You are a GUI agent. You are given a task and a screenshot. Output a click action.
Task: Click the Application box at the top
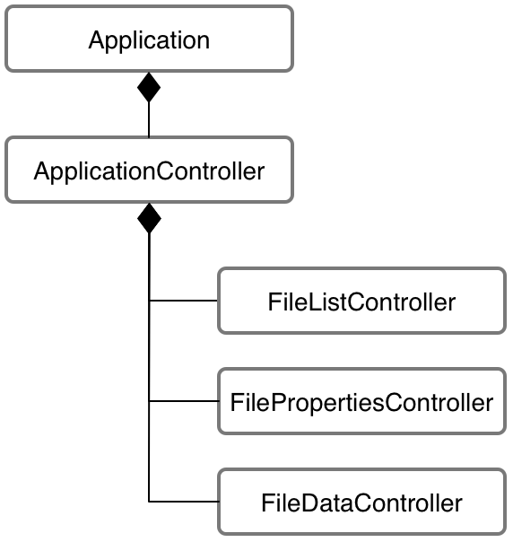(149, 39)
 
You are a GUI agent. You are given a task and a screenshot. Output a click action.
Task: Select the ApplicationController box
(149, 170)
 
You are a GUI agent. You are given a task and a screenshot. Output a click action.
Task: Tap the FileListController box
(361, 301)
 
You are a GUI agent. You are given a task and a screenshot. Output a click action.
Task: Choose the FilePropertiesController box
(361, 401)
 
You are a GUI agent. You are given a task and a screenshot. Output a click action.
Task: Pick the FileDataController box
(361, 501)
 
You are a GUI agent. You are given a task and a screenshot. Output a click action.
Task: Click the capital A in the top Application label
(96, 39)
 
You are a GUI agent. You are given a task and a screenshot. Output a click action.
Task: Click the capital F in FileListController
(274, 301)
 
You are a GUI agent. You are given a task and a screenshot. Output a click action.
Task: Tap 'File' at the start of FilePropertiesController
(246, 401)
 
